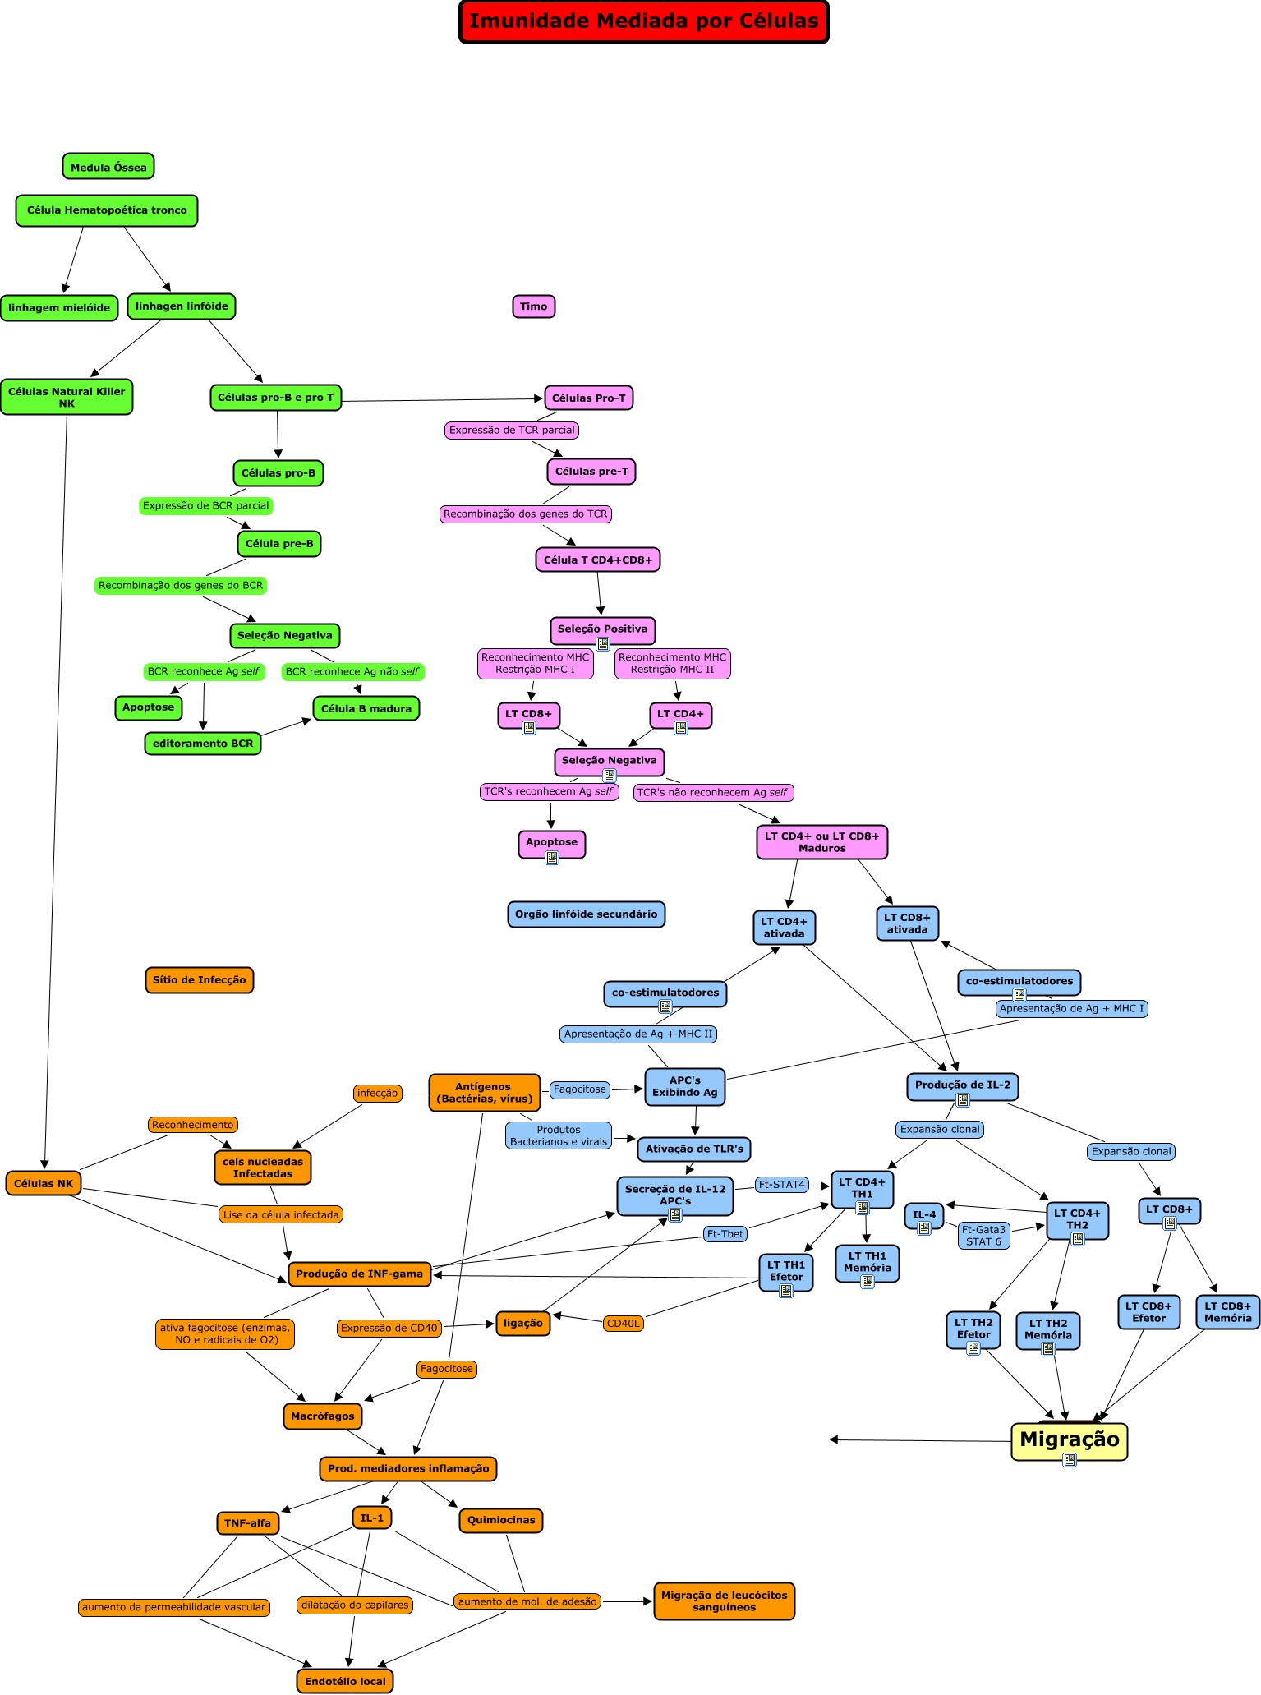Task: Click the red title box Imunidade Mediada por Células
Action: (643, 21)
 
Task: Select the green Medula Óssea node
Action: (108, 167)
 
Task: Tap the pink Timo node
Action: (533, 306)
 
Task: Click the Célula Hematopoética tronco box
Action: (107, 210)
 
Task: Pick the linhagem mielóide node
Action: (59, 308)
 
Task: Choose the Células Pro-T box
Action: (588, 398)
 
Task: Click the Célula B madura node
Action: (366, 708)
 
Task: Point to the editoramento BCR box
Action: (203, 744)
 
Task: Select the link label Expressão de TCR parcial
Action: (512, 430)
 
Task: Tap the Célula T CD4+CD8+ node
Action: (598, 560)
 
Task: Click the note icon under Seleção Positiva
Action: (603, 644)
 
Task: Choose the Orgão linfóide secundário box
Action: (586, 914)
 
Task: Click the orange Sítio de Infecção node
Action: (199, 979)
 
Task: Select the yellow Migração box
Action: (1069, 1439)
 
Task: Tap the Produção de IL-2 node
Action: (962, 1085)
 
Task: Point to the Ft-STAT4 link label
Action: (781, 1185)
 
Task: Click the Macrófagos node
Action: (323, 1416)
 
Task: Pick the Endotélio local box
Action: (345, 1681)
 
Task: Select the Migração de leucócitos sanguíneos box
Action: (724, 1601)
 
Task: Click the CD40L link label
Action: (623, 1323)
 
